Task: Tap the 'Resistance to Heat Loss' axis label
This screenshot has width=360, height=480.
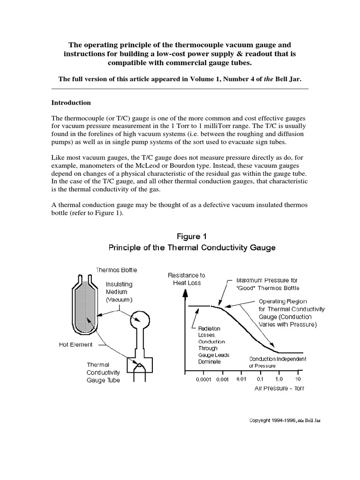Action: pos(186,279)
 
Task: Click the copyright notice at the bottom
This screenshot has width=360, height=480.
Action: pos(285,420)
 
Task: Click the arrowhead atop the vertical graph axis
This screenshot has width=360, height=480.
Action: pos(186,291)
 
